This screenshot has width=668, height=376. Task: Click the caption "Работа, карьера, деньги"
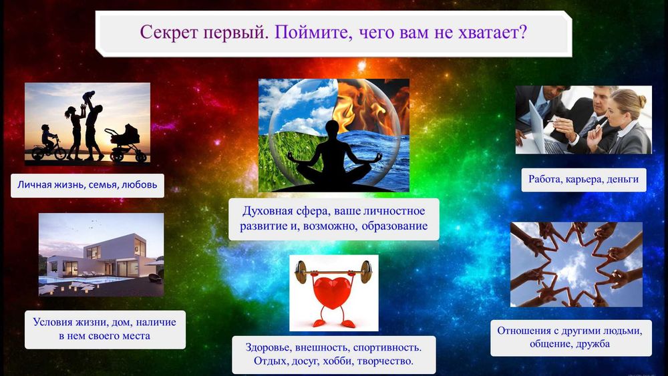(583, 179)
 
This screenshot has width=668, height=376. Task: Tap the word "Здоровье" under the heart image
(264, 347)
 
